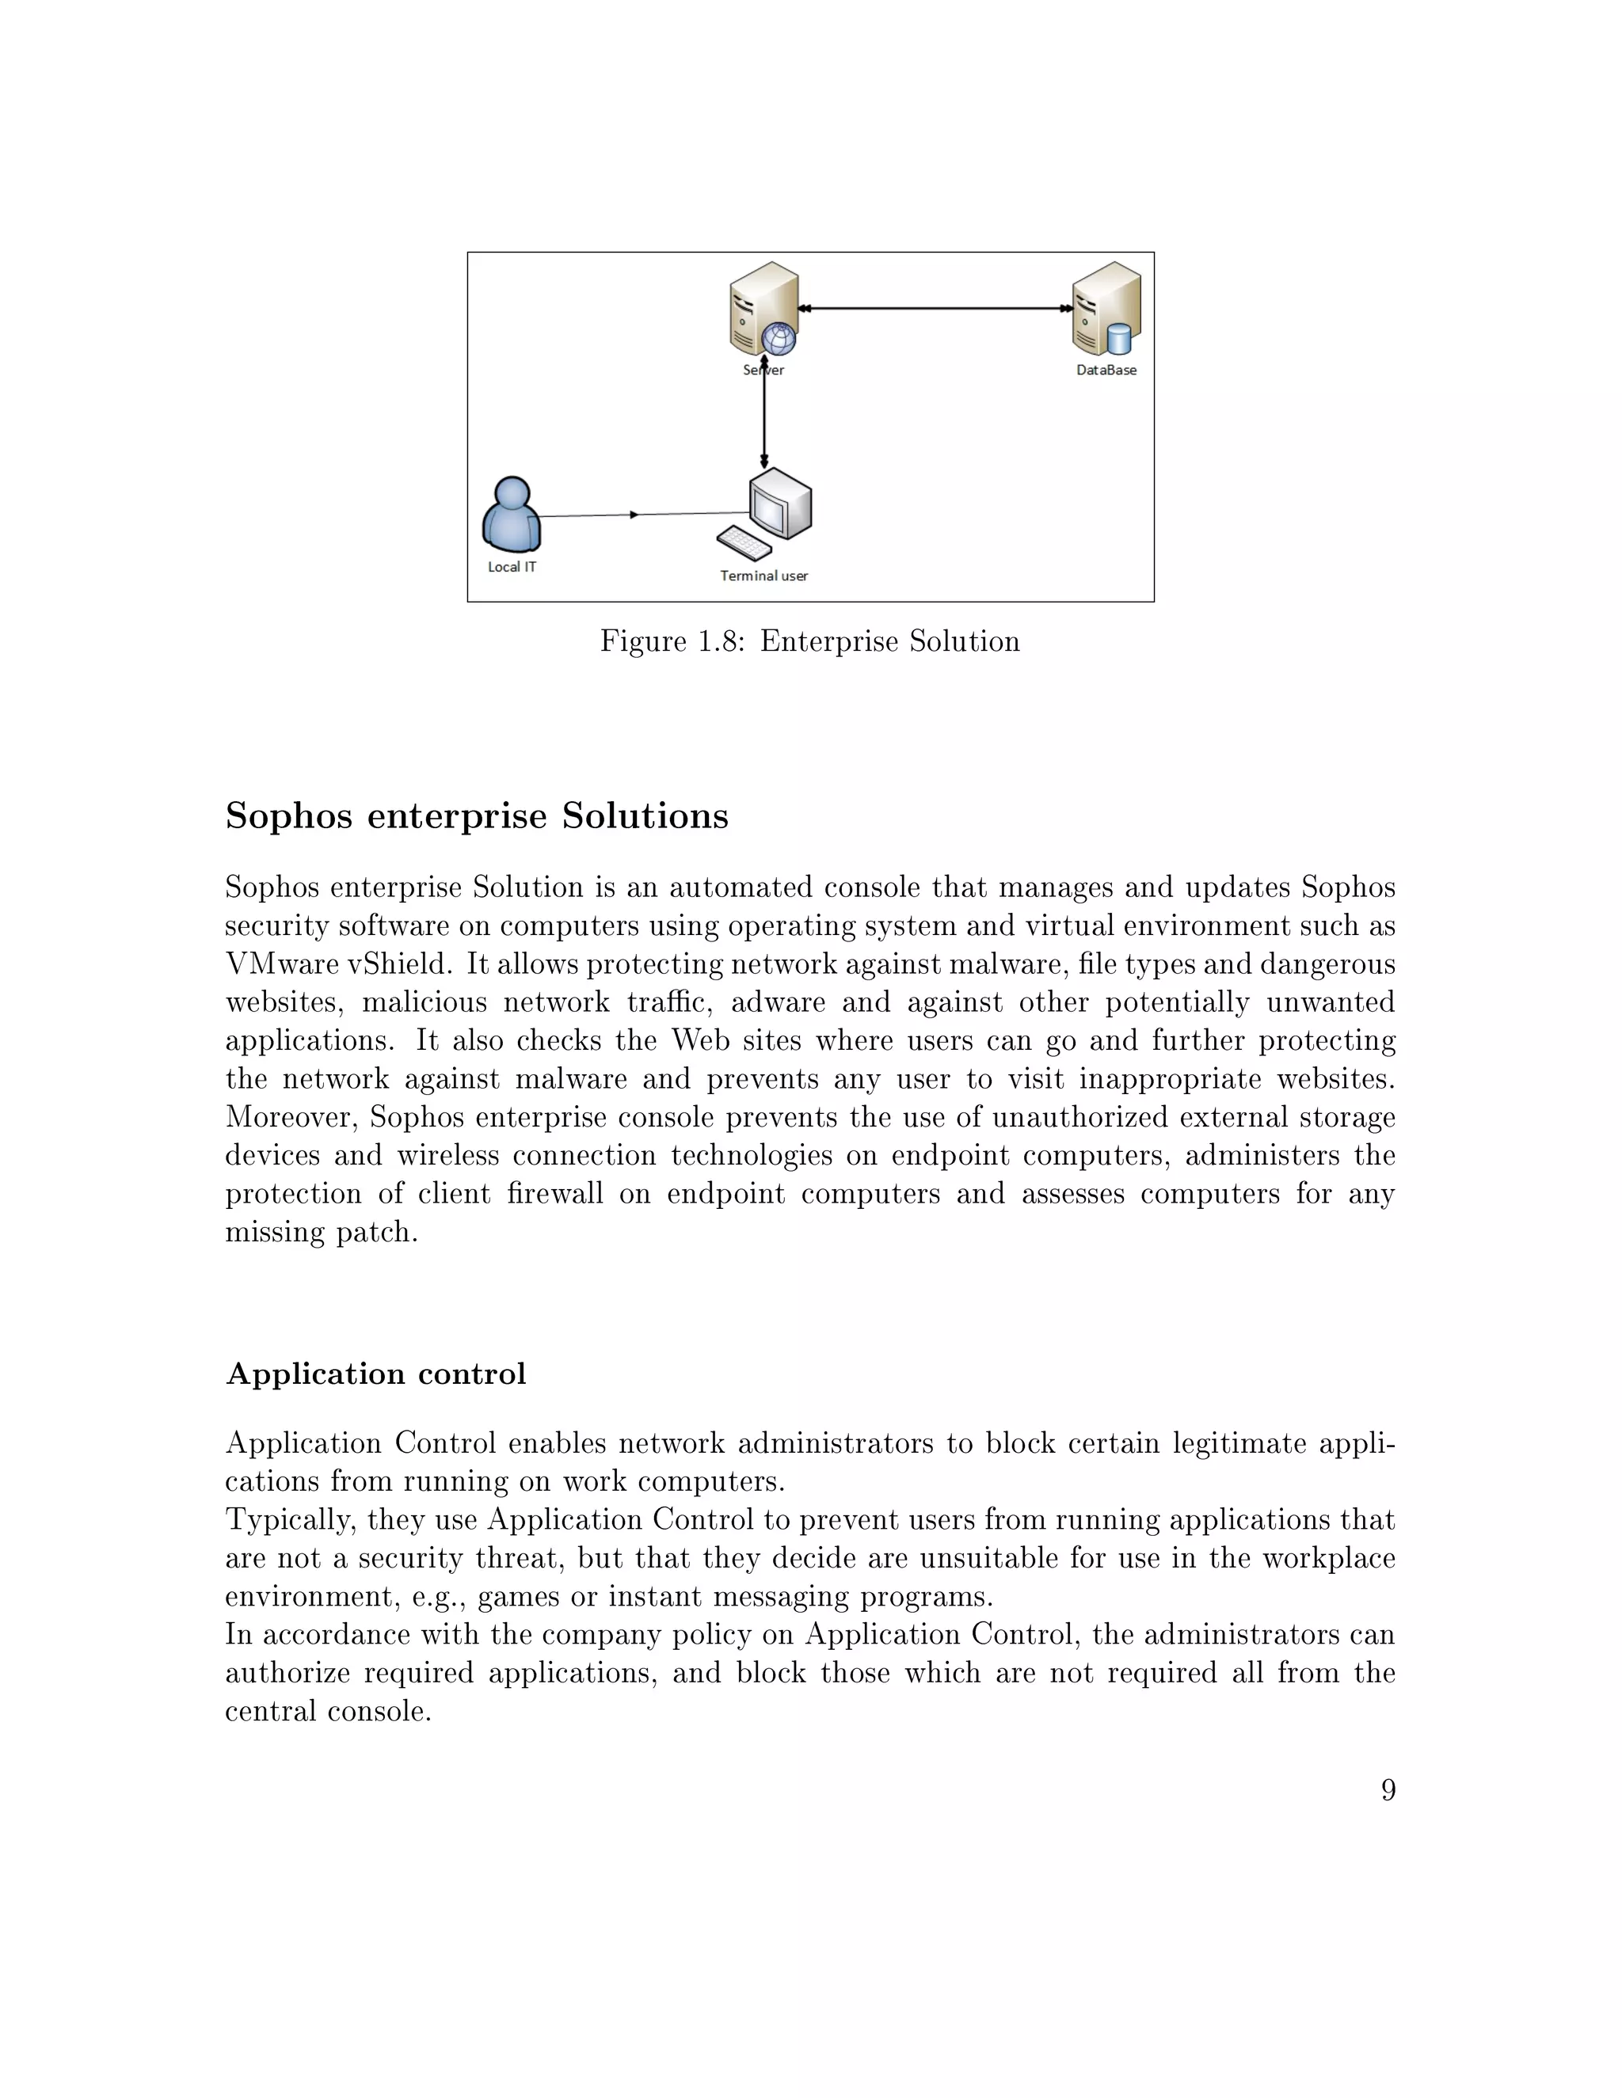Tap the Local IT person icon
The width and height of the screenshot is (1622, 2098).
point(511,516)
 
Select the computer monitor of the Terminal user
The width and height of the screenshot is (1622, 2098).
point(780,504)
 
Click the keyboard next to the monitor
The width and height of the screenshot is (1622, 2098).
point(744,543)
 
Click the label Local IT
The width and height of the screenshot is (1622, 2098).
point(511,567)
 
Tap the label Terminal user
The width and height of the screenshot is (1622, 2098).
point(764,576)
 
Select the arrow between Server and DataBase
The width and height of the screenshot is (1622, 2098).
point(937,308)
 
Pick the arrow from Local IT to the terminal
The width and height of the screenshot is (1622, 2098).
point(634,515)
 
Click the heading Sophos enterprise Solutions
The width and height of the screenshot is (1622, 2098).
point(477,815)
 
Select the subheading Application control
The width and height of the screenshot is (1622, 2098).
point(375,1374)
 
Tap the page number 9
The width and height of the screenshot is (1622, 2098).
point(1388,1790)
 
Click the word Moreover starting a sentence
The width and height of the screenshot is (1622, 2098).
point(292,1117)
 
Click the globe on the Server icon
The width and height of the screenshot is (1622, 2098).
point(779,338)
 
